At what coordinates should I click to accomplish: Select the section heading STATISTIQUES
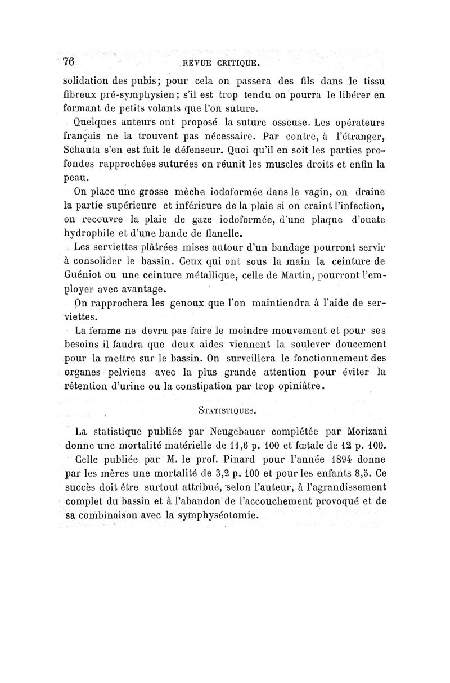pyautogui.click(x=227, y=410)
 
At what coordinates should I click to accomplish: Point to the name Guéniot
pyautogui.click(x=84, y=275)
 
